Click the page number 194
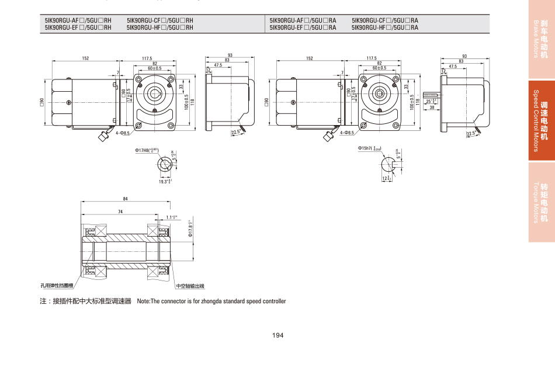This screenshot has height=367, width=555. point(277,335)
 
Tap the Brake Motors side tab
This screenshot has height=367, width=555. point(542,39)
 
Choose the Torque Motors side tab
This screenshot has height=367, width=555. point(542,202)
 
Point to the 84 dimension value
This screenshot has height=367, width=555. point(124,199)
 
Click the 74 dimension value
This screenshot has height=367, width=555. point(120,211)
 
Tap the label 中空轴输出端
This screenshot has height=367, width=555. point(190,286)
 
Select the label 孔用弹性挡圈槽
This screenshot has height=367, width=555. point(57,286)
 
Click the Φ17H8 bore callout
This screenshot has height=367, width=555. point(147,151)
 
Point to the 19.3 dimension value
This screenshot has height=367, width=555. point(165,182)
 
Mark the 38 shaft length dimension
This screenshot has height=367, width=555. point(431,108)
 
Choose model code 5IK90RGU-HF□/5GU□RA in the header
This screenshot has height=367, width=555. point(385,27)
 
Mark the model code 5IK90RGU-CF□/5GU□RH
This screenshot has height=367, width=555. point(159,20)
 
